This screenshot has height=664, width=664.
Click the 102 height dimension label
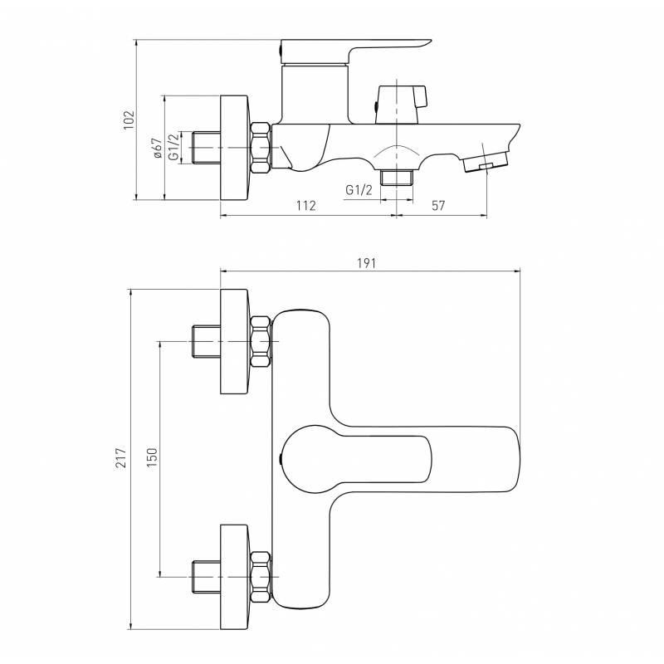[x=129, y=120]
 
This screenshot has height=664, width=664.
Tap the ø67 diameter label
[x=158, y=148]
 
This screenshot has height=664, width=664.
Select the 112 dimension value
[x=306, y=205]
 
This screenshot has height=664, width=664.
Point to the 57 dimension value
[x=439, y=205]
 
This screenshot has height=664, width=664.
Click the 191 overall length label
[x=367, y=263]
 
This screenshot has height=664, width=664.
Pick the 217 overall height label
[x=121, y=457]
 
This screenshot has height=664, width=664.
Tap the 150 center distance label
[x=152, y=457]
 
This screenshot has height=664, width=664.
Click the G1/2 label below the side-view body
[x=359, y=190]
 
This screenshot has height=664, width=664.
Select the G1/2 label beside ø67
[x=173, y=148]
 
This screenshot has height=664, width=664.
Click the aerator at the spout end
[x=486, y=162]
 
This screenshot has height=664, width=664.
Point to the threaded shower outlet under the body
[x=397, y=178]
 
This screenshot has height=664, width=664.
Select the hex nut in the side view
[x=261, y=148]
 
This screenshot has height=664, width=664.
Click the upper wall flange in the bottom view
[x=234, y=342]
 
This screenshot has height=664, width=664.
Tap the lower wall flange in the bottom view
[x=234, y=576]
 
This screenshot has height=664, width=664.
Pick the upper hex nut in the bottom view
[x=261, y=342]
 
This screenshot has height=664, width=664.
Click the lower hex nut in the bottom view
[x=261, y=577]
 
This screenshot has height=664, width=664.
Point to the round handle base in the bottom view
[x=308, y=459]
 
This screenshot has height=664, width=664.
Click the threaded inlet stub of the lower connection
[x=207, y=577]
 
